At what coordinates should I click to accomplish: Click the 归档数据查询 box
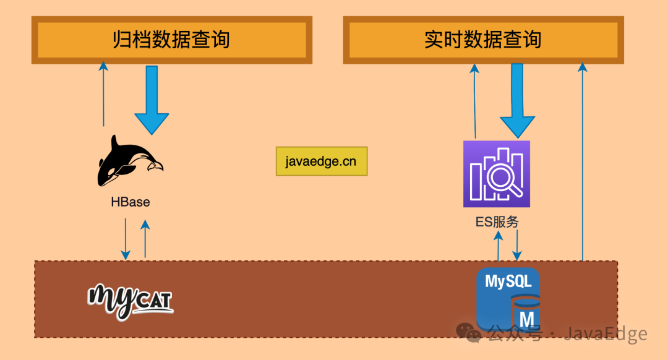[x=171, y=40]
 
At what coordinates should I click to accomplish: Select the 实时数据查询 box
[x=483, y=40]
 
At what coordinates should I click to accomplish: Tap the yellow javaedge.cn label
[x=321, y=161]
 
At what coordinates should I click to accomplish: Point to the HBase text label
[x=131, y=202]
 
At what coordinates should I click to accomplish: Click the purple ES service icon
[x=497, y=174]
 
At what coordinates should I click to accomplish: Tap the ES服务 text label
[x=497, y=222]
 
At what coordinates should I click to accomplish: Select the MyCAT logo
[x=131, y=300]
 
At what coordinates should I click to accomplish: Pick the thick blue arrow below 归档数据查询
[x=152, y=99]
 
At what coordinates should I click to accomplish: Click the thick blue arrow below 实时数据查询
[x=517, y=99]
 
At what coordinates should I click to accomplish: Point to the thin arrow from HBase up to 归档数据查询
[x=103, y=93]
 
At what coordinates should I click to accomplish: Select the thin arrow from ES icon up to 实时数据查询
[x=474, y=99]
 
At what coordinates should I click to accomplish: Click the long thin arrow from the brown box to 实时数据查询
[x=582, y=161]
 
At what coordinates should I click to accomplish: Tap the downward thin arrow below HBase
[x=126, y=238]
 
